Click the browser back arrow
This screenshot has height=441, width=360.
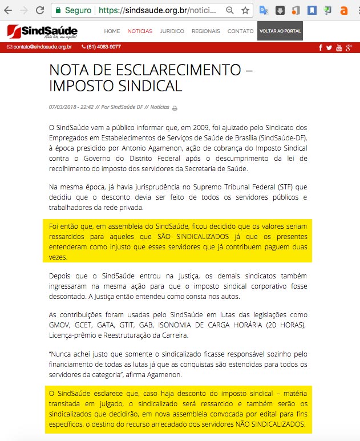point(8,10)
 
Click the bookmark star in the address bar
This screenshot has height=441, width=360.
point(245,10)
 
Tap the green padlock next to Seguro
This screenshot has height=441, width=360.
point(57,10)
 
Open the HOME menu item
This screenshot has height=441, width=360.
point(112,31)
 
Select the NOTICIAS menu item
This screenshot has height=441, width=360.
point(140,31)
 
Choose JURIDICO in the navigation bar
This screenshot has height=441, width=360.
point(172,31)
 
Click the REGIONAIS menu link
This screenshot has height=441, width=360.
point(206,31)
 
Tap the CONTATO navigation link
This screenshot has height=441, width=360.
point(240,31)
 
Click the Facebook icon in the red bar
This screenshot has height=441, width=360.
point(321,47)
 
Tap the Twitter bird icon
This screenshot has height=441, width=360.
point(329,47)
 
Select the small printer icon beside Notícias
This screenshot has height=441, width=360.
point(175,107)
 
